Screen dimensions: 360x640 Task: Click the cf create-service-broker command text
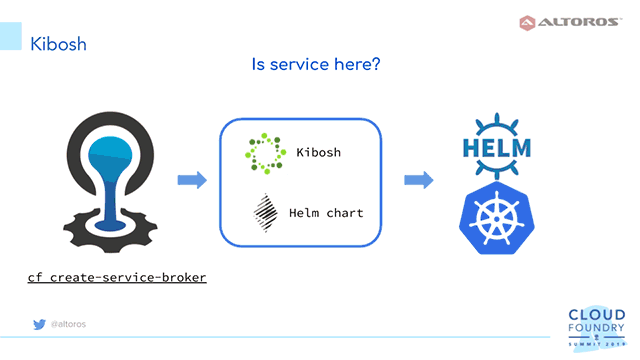[x=116, y=275]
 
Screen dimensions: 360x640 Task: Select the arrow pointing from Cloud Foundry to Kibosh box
[x=191, y=180]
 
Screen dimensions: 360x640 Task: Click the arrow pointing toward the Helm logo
[x=418, y=180]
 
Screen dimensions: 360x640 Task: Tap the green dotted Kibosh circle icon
[x=265, y=153]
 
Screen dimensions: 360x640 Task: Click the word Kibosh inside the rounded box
[x=319, y=153]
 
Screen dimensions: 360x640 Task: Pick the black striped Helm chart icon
[x=265, y=212]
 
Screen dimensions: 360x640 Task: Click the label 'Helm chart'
[x=325, y=213]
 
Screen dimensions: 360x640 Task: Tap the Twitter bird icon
[x=38, y=324]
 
